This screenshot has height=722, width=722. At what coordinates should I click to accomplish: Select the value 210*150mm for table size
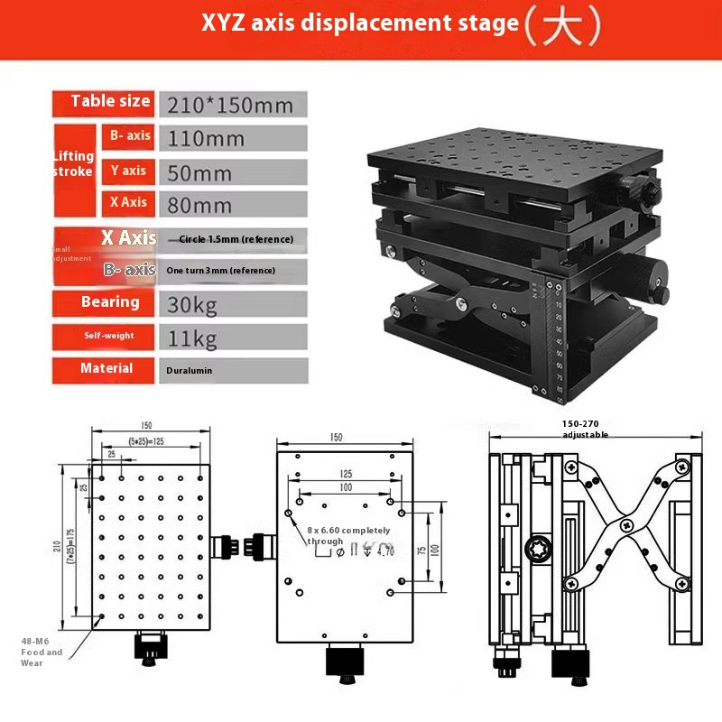(x=231, y=105)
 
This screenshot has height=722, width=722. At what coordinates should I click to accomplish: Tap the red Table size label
(x=110, y=101)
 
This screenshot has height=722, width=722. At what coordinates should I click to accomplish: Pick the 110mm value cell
(x=207, y=139)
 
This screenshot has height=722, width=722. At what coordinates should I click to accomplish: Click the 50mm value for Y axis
(x=200, y=172)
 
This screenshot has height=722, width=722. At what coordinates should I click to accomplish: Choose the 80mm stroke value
(x=200, y=205)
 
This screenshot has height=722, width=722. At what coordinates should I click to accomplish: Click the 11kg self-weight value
(x=193, y=338)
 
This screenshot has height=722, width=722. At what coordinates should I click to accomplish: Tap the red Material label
(x=106, y=368)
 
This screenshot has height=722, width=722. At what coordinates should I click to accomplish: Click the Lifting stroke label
(x=72, y=163)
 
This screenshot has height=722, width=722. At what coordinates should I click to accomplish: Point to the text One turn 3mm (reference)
(x=221, y=270)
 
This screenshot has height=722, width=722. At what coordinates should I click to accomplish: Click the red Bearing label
(x=110, y=301)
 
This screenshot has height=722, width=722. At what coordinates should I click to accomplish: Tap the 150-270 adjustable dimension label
(x=585, y=429)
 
